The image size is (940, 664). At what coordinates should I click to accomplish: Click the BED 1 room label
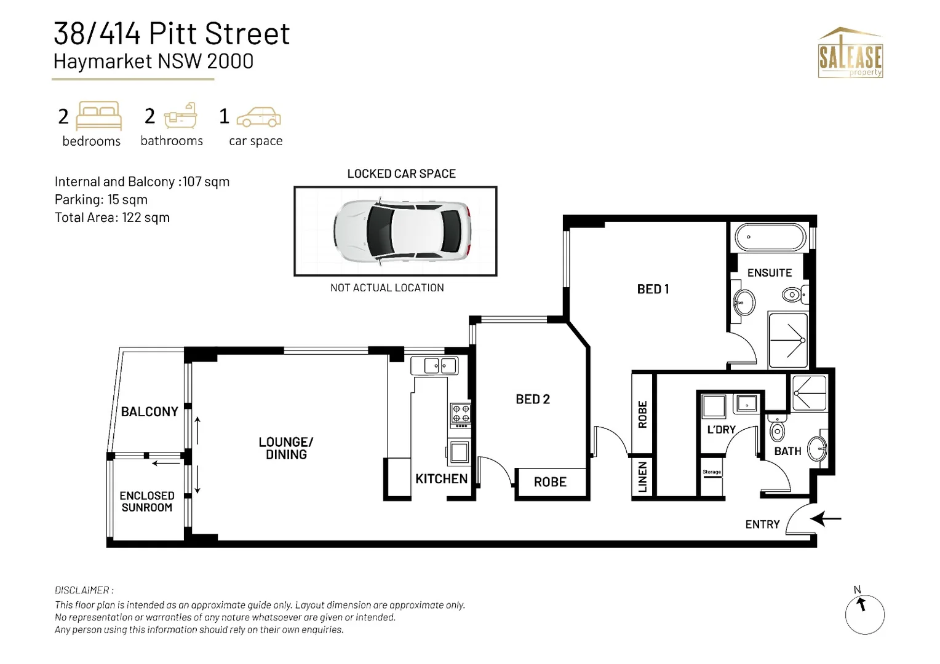click(653, 289)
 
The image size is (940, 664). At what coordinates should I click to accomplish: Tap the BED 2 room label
click(533, 399)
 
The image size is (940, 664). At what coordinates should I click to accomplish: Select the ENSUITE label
click(769, 272)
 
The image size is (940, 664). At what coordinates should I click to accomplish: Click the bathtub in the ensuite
click(770, 237)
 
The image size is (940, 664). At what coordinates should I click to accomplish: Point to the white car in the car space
click(402, 231)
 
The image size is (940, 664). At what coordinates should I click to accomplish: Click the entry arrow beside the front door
click(826, 519)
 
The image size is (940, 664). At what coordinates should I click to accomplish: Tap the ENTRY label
click(762, 524)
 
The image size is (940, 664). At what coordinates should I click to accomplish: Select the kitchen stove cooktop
click(461, 415)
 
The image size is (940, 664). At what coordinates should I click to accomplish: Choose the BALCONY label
click(149, 412)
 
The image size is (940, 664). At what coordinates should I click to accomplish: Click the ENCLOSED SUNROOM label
click(147, 502)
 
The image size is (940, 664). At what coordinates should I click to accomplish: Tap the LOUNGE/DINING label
click(286, 448)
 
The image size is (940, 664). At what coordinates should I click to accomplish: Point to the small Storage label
click(712, 472)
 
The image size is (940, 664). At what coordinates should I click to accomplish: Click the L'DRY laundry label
click(721, 430)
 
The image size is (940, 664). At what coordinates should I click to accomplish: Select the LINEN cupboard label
click(642, 477)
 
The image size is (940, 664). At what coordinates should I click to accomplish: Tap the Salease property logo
click(850, 53)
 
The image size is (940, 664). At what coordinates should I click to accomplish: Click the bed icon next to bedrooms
click(98, 116)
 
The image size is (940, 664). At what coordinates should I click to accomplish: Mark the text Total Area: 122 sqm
click(112, 218)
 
